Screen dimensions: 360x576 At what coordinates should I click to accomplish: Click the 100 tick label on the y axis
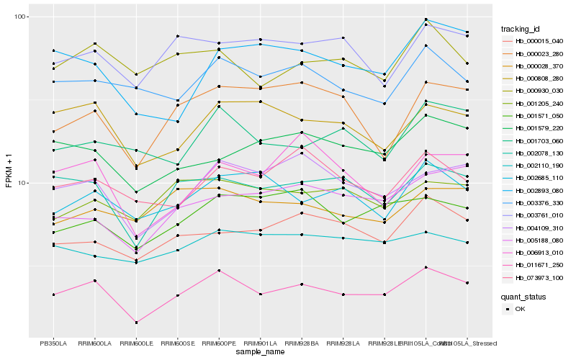[19, 17]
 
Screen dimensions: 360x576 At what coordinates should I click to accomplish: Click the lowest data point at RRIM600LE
[136, 322]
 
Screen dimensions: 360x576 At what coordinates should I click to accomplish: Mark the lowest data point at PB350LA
[53, 294]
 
